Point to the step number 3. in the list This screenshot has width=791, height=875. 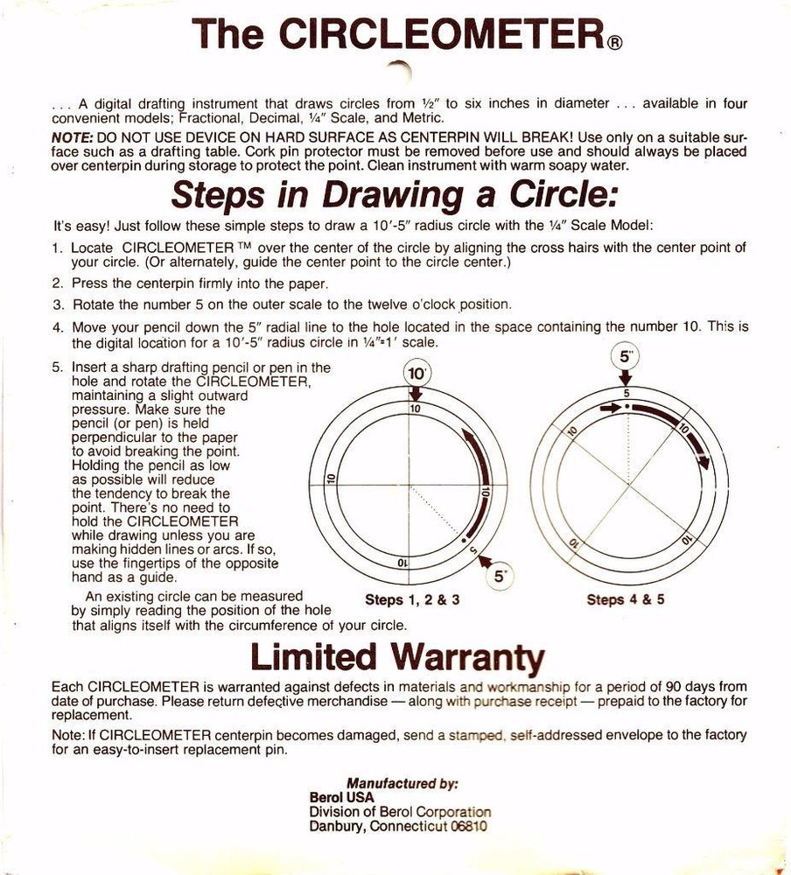(58, 305)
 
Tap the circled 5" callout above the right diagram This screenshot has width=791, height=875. (626, 358)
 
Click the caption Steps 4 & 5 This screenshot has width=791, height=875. (626, 599)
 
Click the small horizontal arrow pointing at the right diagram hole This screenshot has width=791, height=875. (610, 408)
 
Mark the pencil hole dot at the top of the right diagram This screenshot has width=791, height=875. (627, 408)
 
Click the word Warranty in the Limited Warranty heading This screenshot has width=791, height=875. (467, 655)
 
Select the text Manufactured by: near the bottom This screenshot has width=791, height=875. (402, 784)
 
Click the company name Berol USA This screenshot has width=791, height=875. (341, 798)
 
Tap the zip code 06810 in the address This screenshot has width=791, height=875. (468, 826)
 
